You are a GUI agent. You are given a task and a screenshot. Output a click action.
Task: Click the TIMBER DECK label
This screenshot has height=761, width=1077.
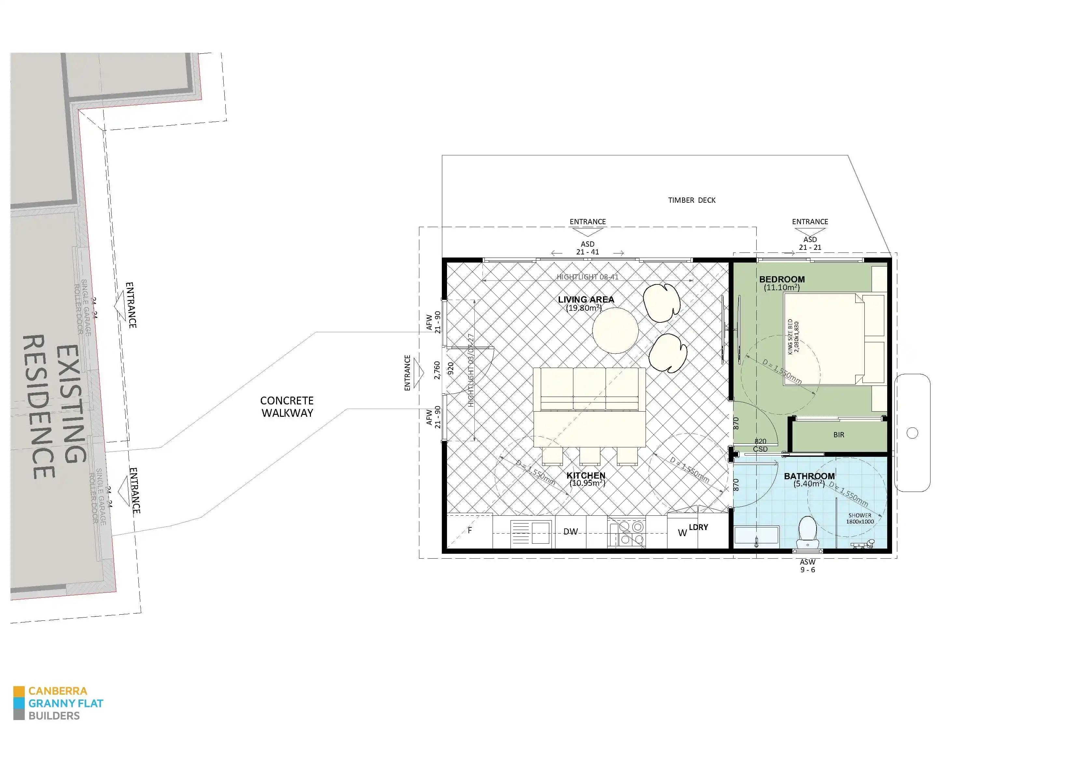[x=692, y=200]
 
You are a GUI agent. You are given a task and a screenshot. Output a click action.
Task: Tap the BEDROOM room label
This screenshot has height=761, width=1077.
[x=782, y=279]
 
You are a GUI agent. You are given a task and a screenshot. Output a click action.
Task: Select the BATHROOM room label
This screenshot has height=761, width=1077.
[x=809, y=476]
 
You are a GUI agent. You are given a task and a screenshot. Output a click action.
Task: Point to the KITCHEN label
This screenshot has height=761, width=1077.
[x=586, y=475]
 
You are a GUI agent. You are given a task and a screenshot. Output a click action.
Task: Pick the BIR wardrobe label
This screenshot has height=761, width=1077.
[x=839, y=435]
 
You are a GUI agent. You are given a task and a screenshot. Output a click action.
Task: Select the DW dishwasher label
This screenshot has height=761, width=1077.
[x=570, y=532]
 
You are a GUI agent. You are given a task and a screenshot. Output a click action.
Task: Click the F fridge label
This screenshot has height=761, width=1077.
[x=469, y=530]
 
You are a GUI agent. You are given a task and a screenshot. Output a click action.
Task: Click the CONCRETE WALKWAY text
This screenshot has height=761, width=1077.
[x=287, y=406]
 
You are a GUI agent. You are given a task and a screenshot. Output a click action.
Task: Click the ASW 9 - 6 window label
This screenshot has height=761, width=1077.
[x=808, y=566]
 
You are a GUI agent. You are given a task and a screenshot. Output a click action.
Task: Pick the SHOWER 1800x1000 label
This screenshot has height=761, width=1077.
[x=860, y=518]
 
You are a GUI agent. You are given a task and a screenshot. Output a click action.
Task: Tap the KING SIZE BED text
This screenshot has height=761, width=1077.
[x=793, y=337]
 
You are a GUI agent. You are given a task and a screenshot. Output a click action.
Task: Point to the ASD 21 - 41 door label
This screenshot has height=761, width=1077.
[x=587, y=248]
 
